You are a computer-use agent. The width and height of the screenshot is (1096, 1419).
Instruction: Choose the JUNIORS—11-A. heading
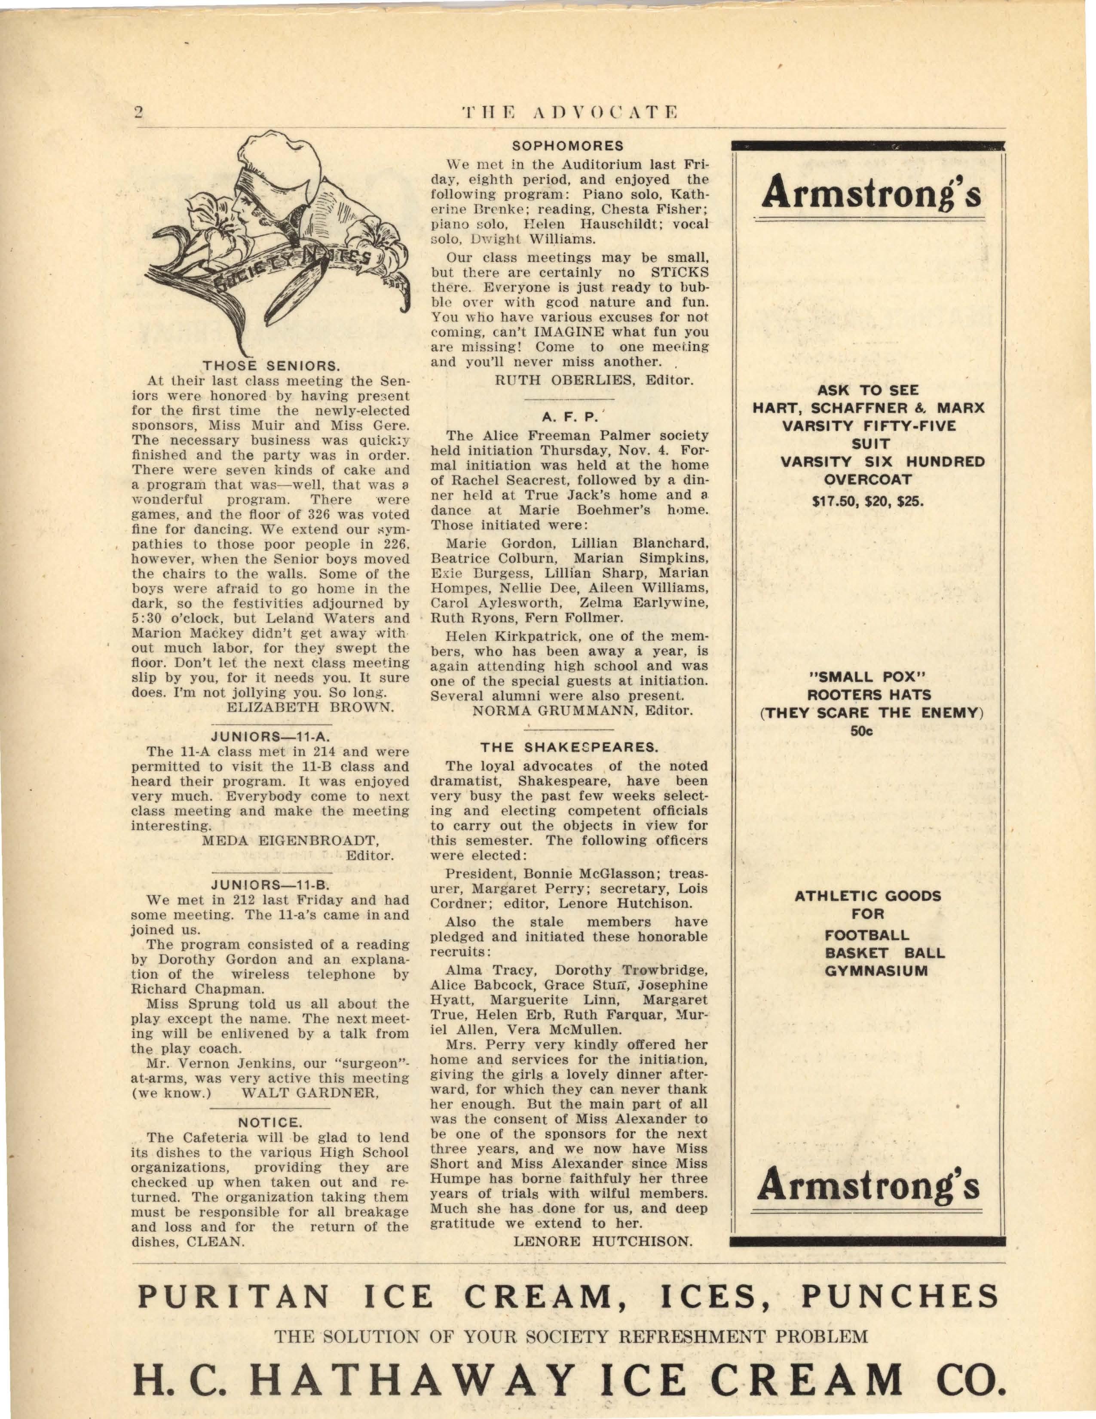coord(271,736)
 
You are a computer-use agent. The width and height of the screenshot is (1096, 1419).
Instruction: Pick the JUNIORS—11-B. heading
coord(271,884)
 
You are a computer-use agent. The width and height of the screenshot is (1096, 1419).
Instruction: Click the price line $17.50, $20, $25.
coord(868,501)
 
